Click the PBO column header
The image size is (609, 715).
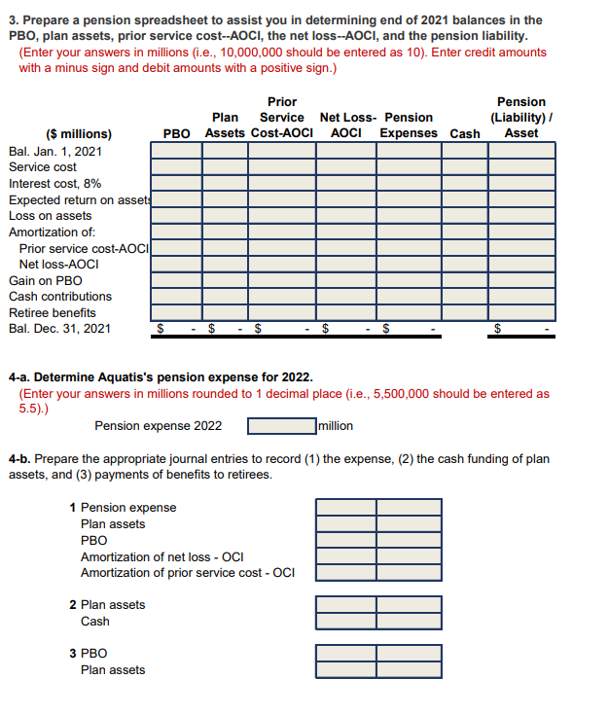[176, 133]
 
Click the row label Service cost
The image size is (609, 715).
[43, 167]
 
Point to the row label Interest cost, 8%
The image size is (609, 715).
[54, 184]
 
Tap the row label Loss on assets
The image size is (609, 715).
[50, 216]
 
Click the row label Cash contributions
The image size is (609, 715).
[60, 297]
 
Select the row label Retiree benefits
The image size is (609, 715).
[53, 313]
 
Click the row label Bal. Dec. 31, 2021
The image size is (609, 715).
[59, 329]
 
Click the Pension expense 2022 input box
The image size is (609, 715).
[280, 426]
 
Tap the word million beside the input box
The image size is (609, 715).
[335, 426]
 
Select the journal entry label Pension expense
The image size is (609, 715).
[128, 508]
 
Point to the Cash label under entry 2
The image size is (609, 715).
[95, 622]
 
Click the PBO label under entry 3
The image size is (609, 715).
[94, 654]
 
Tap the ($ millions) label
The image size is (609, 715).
[79, 133]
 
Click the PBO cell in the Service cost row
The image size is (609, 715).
[176, 167]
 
